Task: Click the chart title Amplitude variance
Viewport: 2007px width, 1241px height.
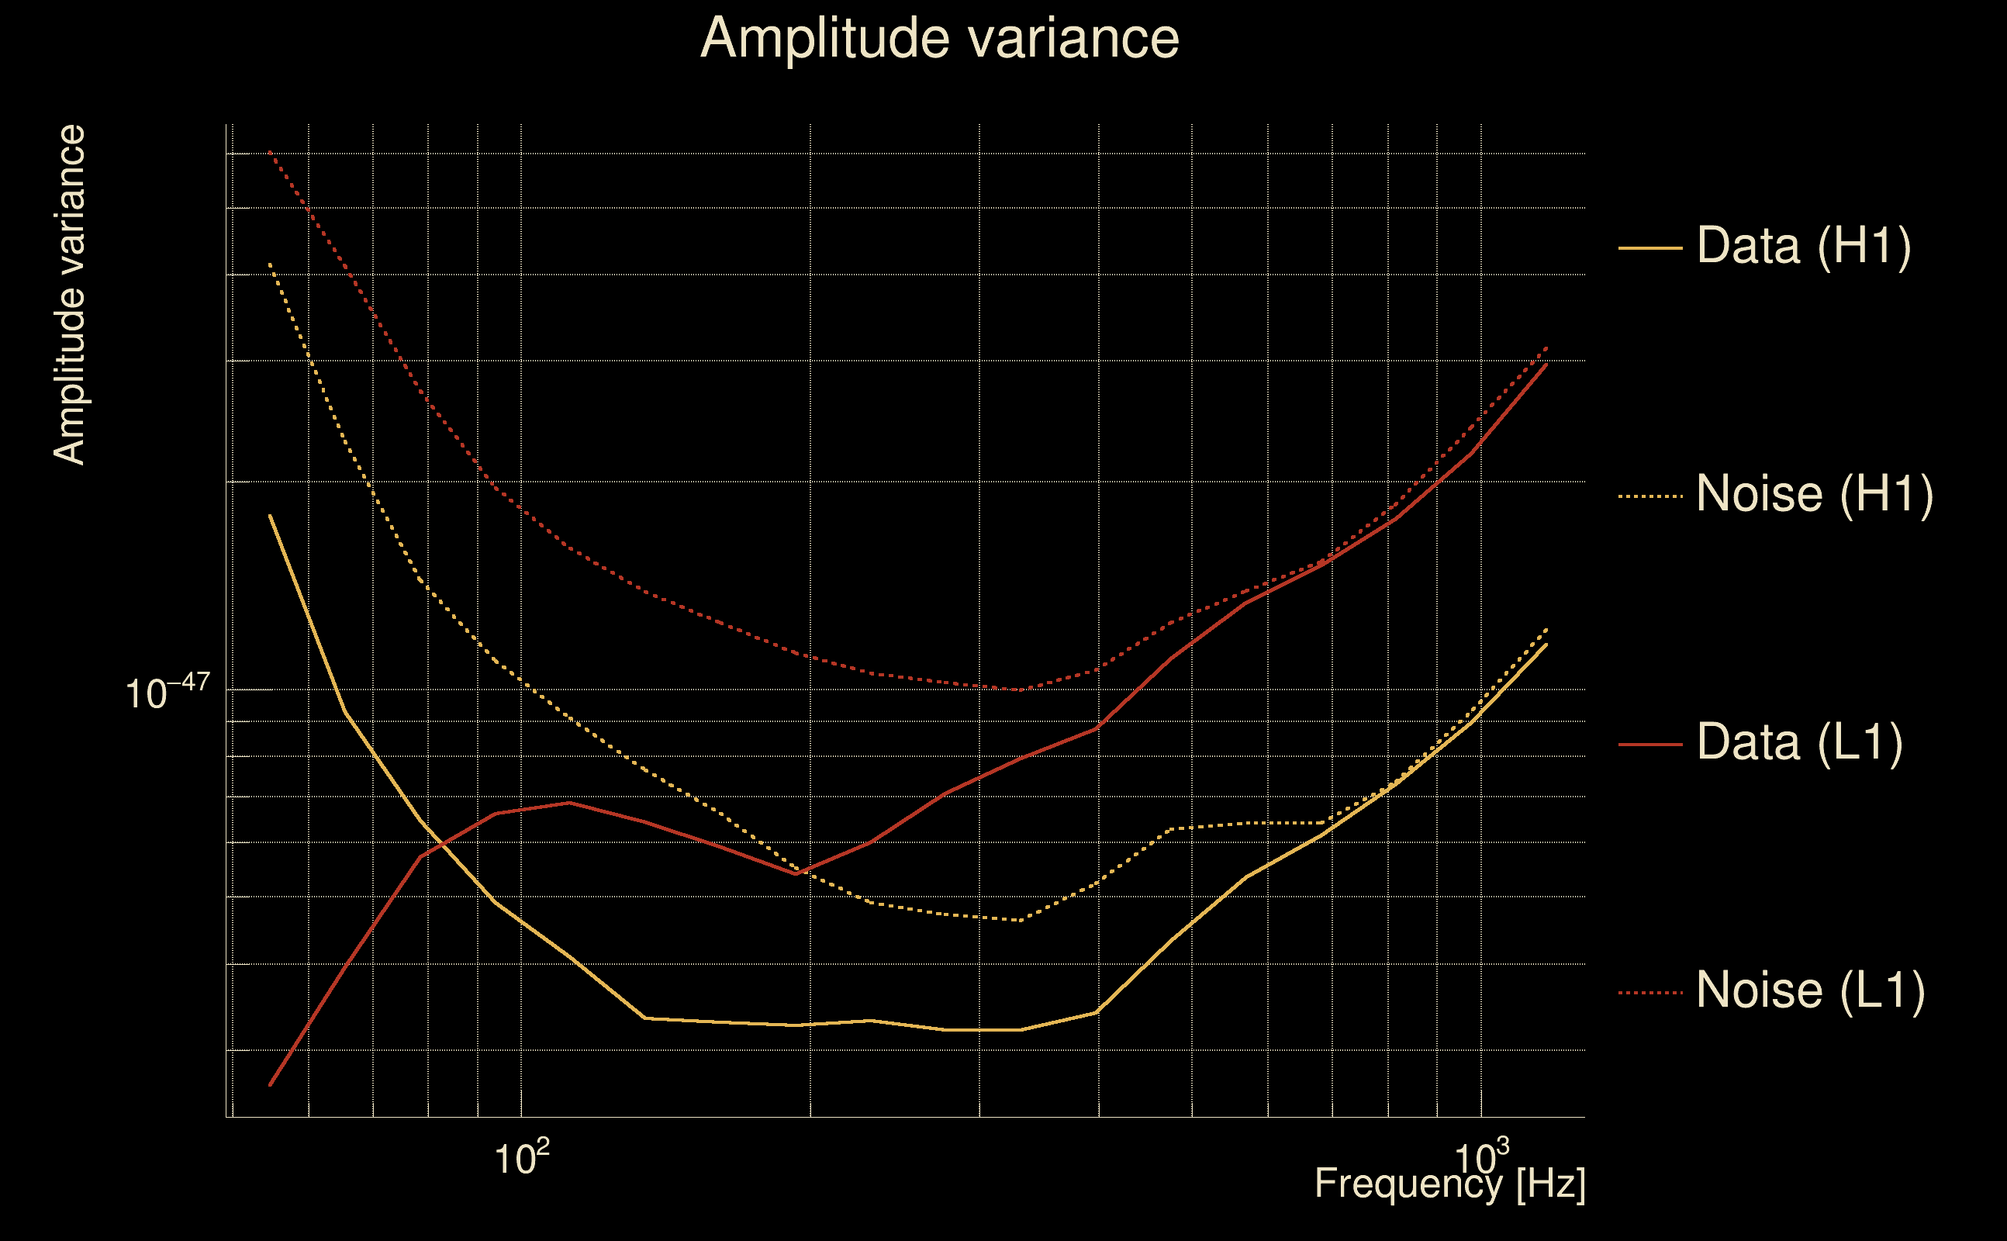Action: (938, 39)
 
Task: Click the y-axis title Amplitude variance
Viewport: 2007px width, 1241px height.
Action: (69, 295)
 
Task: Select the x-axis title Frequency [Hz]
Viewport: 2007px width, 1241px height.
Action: (1449, 1184)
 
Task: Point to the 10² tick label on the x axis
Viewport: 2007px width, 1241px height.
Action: (521, 1157)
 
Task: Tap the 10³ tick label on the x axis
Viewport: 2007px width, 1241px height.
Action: (1480, 1157)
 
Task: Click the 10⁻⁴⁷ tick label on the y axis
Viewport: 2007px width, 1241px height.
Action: (168, 692)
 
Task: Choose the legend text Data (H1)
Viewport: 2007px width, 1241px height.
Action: (1804, 245)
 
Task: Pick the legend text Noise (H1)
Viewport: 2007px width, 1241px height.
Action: (1814, 494)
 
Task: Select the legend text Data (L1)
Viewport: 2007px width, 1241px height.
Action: (1799, 743)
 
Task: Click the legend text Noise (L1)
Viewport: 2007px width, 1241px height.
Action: (1810, 990)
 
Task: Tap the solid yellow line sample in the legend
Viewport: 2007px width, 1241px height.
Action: (1649, 247)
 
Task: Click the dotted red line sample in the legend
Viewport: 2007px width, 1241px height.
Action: (1649, 992)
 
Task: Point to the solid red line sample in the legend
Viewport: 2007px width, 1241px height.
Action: (1649, 744)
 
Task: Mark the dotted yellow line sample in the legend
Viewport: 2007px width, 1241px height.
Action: (1649, 496)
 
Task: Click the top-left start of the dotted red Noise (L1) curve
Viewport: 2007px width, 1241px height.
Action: (270, 152)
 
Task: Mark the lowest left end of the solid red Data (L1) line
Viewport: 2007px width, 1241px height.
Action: (270, 1085)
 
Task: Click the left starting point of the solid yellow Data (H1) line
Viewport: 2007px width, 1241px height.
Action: (270, 516)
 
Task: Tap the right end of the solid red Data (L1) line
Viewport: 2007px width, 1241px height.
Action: (1546, 364)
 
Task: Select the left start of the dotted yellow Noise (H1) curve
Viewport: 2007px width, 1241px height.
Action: (270, 264)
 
